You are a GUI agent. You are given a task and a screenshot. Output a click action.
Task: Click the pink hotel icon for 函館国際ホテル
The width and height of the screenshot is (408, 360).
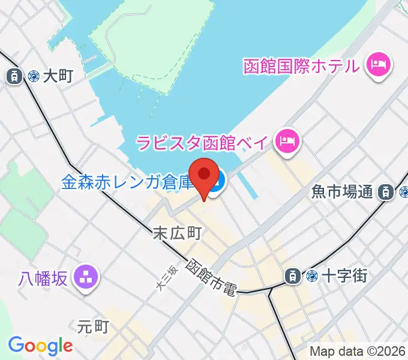click(x=378, y=64)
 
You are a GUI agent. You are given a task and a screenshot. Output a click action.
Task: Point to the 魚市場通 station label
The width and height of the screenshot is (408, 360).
click(x=342, y=192)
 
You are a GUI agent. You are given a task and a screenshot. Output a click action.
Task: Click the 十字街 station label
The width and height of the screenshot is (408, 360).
click(x=344, y=276)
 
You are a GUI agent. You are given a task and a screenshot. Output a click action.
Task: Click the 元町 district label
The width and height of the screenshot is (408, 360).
click(x=93, y=326)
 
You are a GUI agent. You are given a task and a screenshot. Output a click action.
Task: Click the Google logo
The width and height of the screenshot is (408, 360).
click(x=40, y=346)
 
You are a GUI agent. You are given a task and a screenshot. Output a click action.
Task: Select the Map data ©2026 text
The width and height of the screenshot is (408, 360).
click(x=358, y=352)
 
